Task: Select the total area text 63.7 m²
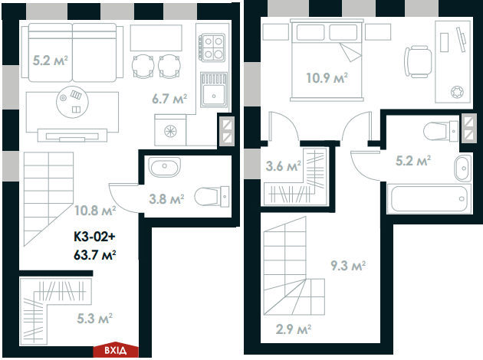[95, 254]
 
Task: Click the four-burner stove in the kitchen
[213, 47]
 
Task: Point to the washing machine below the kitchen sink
[169, 131]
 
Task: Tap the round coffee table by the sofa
[74, 99]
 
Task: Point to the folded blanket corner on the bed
[351, 54]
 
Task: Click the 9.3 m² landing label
[347, 266]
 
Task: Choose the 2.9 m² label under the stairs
[294, 330]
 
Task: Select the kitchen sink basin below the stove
[213, 95]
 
